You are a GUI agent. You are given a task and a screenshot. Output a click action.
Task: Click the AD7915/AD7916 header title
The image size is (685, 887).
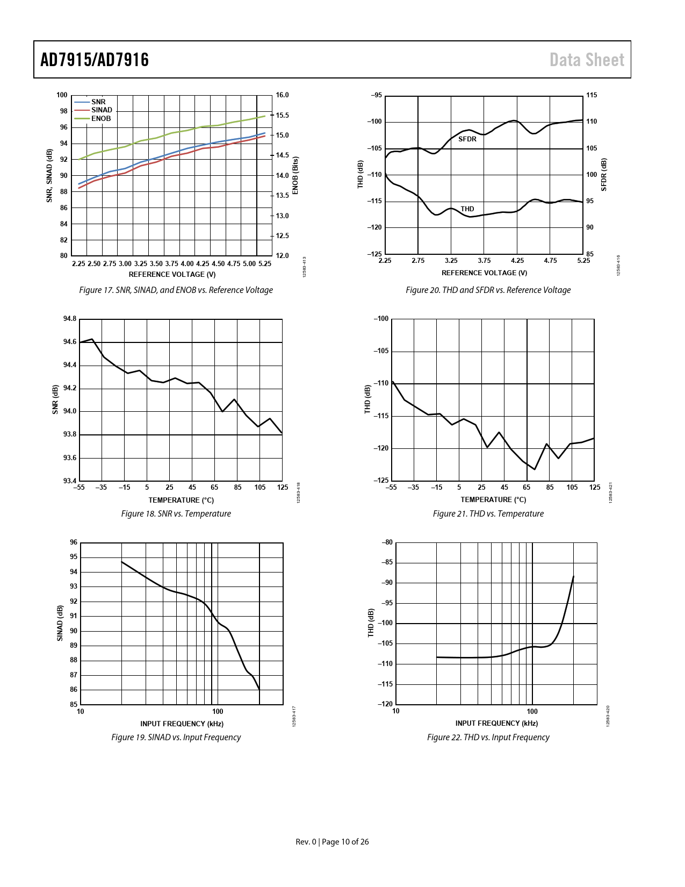pyautogui.click(x=95, y=60)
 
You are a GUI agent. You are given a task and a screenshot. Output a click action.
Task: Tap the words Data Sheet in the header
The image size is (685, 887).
pyautogui.click(x=587, y=60)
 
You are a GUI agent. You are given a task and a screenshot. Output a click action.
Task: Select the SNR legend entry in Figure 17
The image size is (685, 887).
pyautogui.click(x=98, y=102)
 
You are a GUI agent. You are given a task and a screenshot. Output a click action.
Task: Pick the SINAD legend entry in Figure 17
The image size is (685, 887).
pyautogui.click(x=102, y=110)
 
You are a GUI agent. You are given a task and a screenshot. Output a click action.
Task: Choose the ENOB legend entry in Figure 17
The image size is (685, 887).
pyautogui.click(x=100, y=119)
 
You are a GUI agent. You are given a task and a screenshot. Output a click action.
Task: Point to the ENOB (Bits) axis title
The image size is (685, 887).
pyautogui.click(x=295, y=176)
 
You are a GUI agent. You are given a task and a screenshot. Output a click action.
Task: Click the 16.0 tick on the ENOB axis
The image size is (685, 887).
pyautogui.click(x=282, y=95)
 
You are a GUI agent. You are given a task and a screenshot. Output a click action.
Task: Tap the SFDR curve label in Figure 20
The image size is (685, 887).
pyautogui.click(x=467, y=139)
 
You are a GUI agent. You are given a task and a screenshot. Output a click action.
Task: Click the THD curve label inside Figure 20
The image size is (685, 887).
pyautogui.click(x=467, y=209)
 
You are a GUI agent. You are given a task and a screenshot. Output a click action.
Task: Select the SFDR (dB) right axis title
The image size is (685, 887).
pyautogui.click(x=604, y=175)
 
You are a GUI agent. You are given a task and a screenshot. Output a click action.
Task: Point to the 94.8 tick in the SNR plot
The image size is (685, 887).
pyautogui.click(x=70, y=319)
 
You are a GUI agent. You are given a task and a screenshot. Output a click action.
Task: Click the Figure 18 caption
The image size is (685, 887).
pyautogui.click(x=176, y=513)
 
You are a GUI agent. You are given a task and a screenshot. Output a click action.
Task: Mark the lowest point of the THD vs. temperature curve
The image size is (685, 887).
pyautogui.click(x=535, y=469)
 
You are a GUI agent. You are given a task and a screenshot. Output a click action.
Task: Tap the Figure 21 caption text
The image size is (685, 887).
pyautogui.click(x=488, y=513)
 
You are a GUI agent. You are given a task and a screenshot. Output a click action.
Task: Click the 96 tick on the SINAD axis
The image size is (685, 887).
pyautogui.click(x=74, y=542)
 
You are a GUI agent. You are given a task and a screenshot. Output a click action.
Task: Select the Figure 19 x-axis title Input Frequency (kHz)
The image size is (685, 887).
pyautogui.click(x=182, y=724)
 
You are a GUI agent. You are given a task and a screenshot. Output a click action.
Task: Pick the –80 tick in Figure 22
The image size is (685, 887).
pyautogui.click(x=387, y=542)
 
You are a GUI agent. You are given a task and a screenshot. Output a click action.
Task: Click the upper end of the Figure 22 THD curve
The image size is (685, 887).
pyautogui.click(x=573, y=576)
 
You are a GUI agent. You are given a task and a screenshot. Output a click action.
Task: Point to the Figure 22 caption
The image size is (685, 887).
pyautogui.click(x=488, y=737)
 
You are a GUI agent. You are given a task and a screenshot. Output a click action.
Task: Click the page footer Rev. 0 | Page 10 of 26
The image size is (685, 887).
pyautogui.click(x=332, y=841)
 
